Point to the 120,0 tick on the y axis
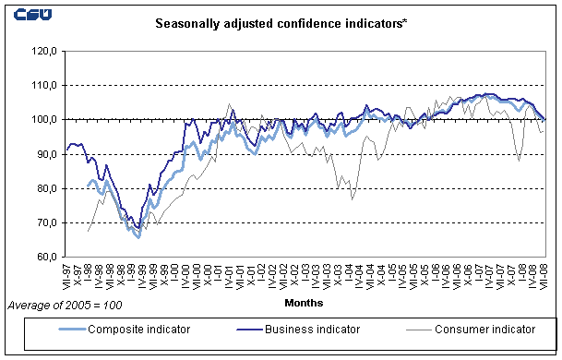44,51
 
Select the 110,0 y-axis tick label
44,85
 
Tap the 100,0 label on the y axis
44,120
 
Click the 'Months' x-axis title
304,302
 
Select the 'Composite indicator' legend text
119,329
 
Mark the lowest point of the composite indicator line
138,237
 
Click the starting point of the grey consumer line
88,231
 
